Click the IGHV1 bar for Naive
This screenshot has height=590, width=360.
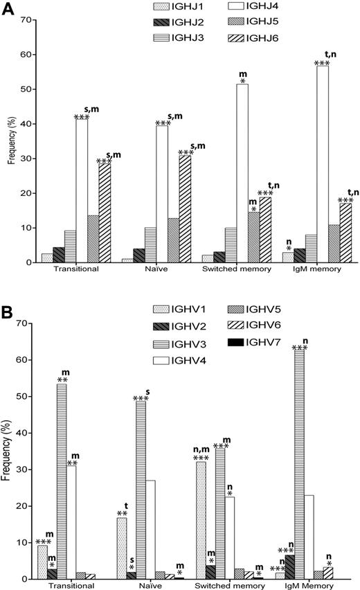click(x=122, y=548)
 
